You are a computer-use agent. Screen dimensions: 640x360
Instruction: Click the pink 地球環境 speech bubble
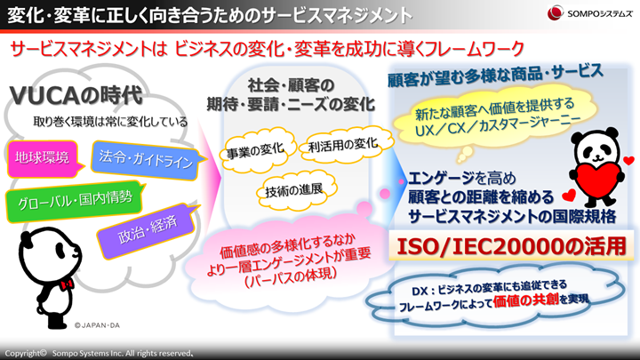[42, 158]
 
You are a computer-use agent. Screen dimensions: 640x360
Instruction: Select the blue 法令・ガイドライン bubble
[145, 160]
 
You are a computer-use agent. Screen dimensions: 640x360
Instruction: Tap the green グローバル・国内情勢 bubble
[75, 201]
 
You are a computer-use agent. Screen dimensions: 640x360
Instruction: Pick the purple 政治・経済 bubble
[148, 230]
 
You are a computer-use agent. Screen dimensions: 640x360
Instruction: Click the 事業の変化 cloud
[255, 150]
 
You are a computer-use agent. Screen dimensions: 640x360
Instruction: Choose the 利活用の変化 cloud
[344, 145]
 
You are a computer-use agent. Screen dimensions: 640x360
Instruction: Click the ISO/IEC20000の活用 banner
[511, 246]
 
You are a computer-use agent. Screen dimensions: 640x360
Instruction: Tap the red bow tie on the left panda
[67, 284]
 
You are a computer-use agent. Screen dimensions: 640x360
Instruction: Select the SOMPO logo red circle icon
[556, 12]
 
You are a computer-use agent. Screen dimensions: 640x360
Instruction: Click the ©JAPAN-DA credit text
[97, 325]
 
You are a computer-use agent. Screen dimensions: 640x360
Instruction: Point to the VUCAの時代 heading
[76, 95]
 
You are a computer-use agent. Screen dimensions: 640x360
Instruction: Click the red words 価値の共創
[525, 300]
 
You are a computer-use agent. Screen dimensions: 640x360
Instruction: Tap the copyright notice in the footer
[99, 353]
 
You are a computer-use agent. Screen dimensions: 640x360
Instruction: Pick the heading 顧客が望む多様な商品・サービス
[495, 76]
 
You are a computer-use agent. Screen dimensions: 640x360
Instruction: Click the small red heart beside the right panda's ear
[629, 161]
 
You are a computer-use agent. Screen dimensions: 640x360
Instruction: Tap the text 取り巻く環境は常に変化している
[110, 122]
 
